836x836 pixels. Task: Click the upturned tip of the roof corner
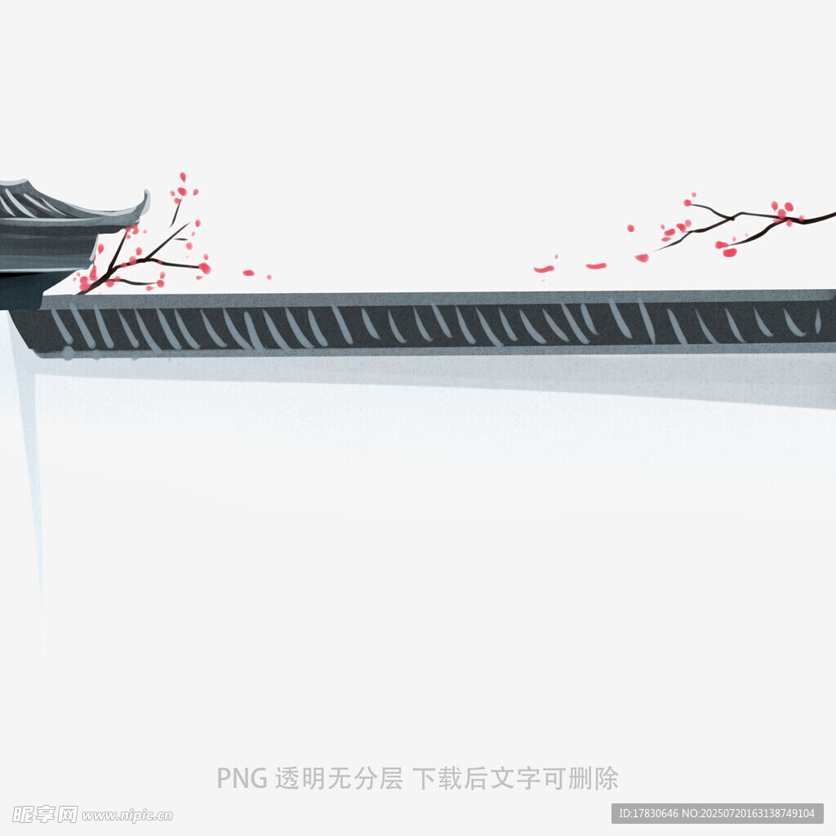click(x=146, y=193)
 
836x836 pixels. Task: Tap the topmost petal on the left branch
click(x=183, y=176)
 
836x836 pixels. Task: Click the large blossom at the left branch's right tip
click(x=204, y=268)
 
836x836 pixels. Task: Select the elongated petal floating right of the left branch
click(x=248, y=273)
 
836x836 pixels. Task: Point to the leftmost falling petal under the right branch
click(x=544, y=269)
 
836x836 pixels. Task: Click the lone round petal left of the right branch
click(x=631, y=229)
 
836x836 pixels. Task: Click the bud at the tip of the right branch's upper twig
click(x=687, y=202)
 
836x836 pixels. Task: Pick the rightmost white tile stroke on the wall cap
click(x=818, y=320)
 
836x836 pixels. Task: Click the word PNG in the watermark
click(x=242, y=778)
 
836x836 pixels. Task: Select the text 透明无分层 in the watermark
click(x=339, y=778)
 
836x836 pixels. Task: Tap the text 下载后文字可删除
click(x=516, y=778)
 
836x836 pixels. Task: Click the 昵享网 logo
click(x=46, y=814)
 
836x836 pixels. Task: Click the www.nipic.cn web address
click(x=127, y=816)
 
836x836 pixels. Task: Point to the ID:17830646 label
click(x=648, y=814)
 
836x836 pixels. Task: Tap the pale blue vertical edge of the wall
click(x=29, y=480)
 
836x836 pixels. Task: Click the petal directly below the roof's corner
click(x=100, y=248)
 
